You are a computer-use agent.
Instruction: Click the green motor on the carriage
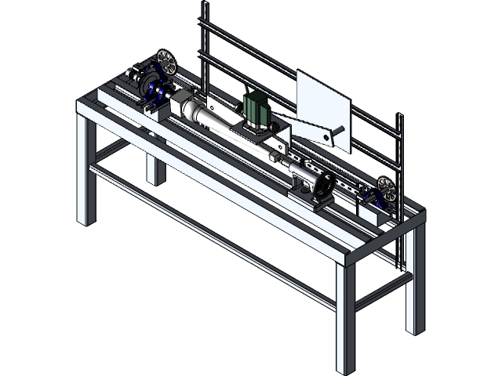coord(256,110)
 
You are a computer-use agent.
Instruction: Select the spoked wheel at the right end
coord(385,188)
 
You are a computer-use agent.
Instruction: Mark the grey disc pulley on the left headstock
coord(146,83)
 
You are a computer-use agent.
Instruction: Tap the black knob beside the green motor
coord(274,122)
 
